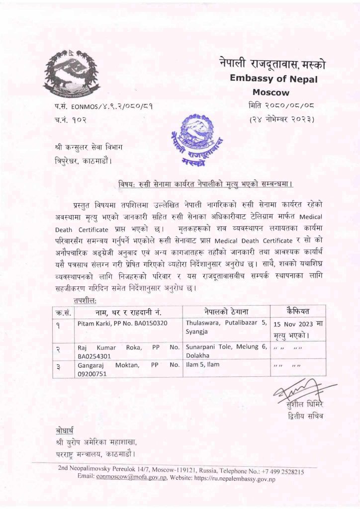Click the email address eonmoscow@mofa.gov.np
click(x=131, y=477)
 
